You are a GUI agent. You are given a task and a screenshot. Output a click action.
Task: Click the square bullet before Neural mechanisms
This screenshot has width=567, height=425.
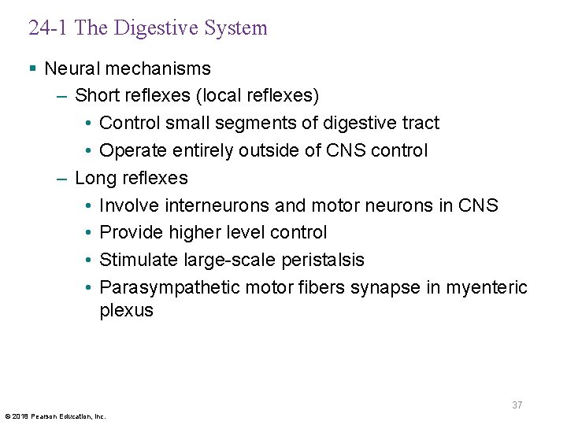(32, 68)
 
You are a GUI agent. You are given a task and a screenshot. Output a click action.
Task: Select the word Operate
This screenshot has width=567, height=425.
(132, 150)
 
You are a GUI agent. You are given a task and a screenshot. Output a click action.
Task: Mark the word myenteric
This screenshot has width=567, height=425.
(487, 287)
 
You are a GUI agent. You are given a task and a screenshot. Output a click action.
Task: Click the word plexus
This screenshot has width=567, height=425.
(126, 311)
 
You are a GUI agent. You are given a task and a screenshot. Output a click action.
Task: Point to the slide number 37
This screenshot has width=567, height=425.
(517, 405)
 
